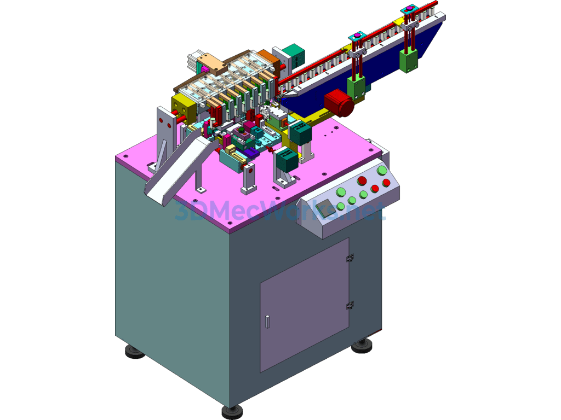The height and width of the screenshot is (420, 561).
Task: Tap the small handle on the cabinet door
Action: (x=267, y=322)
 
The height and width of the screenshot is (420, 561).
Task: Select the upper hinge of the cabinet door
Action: (x=350, y=258)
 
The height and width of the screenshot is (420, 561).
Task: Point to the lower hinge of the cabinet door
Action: (x=350, y=306)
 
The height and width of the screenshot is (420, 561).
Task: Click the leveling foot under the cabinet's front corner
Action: (x=232, y=412)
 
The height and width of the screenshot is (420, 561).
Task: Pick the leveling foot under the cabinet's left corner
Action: (x=135, y=352)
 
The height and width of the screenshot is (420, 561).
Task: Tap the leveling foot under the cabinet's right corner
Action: (x=362, y=346)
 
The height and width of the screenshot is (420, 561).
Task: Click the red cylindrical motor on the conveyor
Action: (x=339, y=103)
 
